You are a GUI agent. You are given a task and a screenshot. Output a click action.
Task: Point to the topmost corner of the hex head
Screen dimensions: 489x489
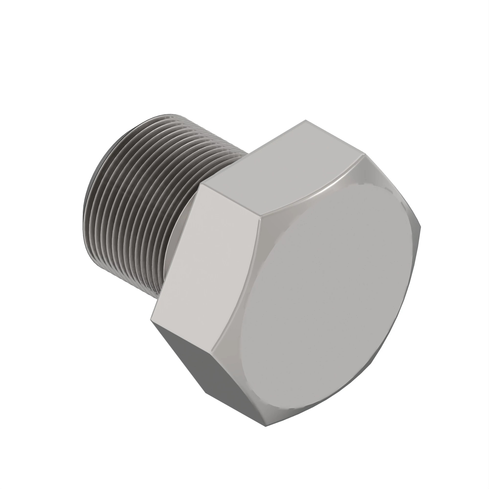click(x=305, y=120)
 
